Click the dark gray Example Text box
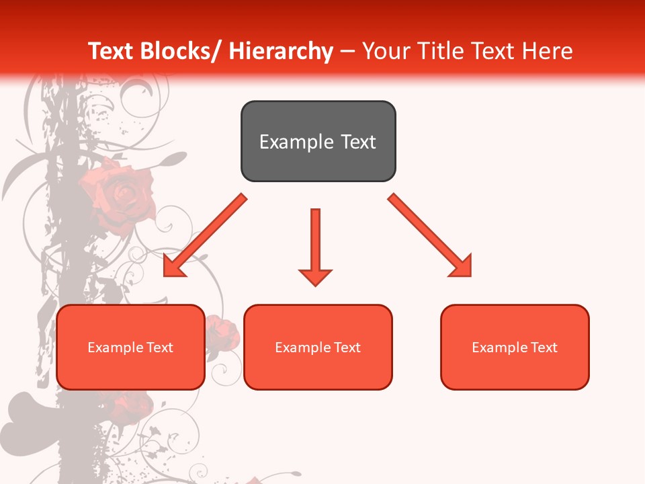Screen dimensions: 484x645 pyautogui.click(x=318, y=141)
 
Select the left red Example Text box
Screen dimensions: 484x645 pyautogui.click(x=130, y=347)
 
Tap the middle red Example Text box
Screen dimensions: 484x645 pyautogui.click(x=318, y=347)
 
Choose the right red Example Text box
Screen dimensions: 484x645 pyautogui.click(x=515, y=347)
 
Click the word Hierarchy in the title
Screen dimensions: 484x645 pyautogui.click(x=281, y=51)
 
